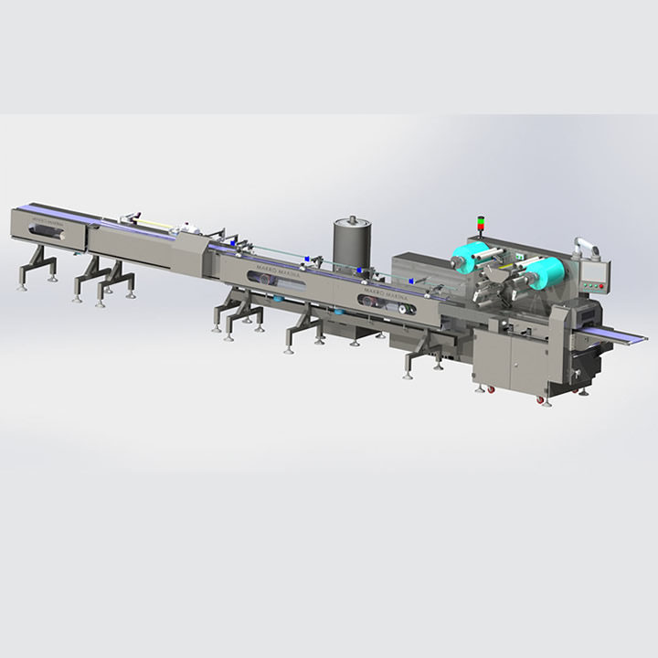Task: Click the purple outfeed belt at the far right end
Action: click(621, 335)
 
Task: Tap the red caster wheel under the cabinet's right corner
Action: click(547, 399)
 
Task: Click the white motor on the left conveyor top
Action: click(188, 228)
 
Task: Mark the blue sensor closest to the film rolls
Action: click(414, 281)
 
